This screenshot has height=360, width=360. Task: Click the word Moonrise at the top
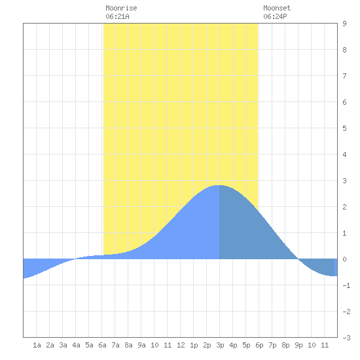pyautogui.click(x=121, y=8)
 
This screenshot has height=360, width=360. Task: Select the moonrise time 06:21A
pyautogui.click(x=117, y=16)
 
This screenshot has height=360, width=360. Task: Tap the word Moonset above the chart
pyautogui.click(x=277, y=8)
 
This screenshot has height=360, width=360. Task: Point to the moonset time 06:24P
pyautogui.click(x=275, y=16)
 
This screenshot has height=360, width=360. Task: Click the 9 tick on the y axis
pyautogui.click(x=344, y=24)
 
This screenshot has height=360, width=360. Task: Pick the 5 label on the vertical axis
pyautogui.click(x=344, y=128)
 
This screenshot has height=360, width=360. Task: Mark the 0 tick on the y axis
pyautogui.click(x=344, y=259)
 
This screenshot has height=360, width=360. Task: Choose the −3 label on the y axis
pyautogui.click(x=346, y=338)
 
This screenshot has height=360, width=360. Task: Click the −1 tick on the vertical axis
pyautogui.click(x=346, y=285)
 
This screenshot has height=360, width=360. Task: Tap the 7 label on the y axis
pyautogui.click(x=344, y=76)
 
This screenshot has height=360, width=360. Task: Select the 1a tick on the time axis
pyautogui.click(x=37, y=345)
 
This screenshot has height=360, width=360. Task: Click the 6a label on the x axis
pyautogui.click(x=102, y=345)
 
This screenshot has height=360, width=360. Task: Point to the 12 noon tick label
pyautogui.click(x=181, y=345)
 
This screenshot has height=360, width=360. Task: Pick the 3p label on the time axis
pyautogui.click(x=220, y=345)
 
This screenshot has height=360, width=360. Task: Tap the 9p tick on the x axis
pyautogui.click(x=298, y=345)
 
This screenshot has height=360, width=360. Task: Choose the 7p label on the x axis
pyautogui.click(x=272, y=345)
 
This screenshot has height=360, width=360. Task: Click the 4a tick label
pyautogui.click(x=76, y=345)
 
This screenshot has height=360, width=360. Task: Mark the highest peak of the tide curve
pyautogui.click(x=219, y=185)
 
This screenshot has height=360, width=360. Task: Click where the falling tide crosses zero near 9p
pyautogui.click(x=298, y=259)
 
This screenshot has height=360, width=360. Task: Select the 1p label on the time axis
pyautogui.click(x=194, y=345)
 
